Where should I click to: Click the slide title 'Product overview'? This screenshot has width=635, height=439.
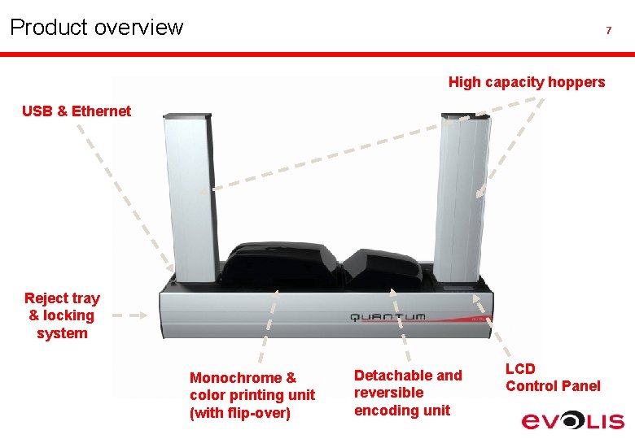point(96,28)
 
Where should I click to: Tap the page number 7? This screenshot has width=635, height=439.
point(608,31)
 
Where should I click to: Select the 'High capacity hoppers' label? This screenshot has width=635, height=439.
point(527,82)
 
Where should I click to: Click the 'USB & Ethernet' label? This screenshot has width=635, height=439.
point(77,111)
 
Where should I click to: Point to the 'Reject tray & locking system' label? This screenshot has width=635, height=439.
point(62,315)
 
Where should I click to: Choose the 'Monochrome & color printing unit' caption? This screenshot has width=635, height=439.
point(252,395)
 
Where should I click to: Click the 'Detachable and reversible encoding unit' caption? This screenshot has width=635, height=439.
point(408,393)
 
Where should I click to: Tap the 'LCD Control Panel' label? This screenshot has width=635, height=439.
point(553,377)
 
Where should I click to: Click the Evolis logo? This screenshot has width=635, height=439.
point(573,420)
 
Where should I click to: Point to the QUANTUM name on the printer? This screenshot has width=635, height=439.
point(388,316)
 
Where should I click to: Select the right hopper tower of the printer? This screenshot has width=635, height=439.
point(463,195)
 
